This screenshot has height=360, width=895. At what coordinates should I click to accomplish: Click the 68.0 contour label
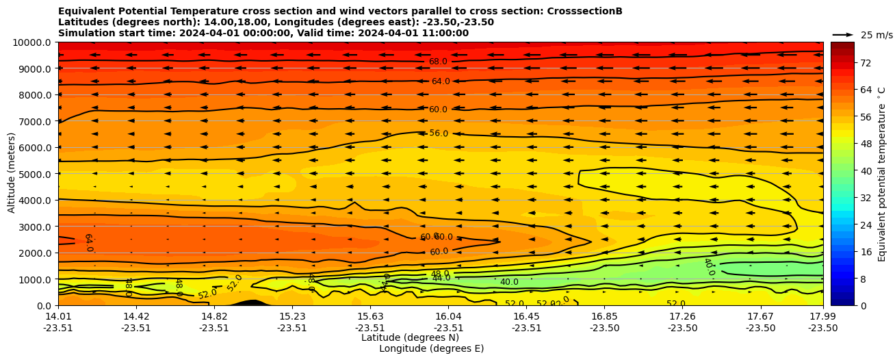click(438, 62)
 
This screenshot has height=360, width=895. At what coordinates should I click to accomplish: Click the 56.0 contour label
click(439, 133)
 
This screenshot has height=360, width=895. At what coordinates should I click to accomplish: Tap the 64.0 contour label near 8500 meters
click(440, 81)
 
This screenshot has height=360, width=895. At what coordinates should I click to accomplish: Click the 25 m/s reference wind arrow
click(843, 34)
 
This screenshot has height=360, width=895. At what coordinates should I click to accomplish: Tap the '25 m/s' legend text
click(877, 35)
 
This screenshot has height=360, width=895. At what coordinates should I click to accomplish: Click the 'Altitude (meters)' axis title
click(12, 174)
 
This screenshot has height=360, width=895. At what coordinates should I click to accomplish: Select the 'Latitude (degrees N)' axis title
click(410, 337)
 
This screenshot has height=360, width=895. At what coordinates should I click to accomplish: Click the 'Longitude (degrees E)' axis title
click(431, 348)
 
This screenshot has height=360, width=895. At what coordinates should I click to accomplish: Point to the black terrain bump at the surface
click(252, 303)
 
